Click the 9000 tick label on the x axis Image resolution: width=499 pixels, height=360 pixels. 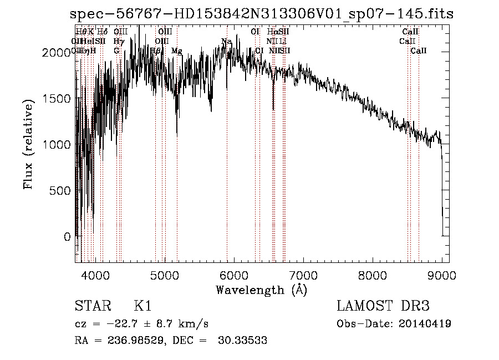442,275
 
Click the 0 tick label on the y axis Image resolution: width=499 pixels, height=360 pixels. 67,237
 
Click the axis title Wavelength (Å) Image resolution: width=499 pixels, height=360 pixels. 261,290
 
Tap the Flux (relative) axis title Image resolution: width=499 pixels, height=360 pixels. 28,144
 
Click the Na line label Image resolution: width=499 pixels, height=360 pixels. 226,42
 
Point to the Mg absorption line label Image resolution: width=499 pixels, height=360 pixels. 176,51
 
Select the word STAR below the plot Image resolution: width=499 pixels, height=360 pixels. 91,306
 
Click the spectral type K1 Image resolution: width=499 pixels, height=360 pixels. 142,306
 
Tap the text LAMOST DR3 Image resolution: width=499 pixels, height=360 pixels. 383,306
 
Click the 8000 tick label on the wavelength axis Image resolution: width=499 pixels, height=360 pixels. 373,275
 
